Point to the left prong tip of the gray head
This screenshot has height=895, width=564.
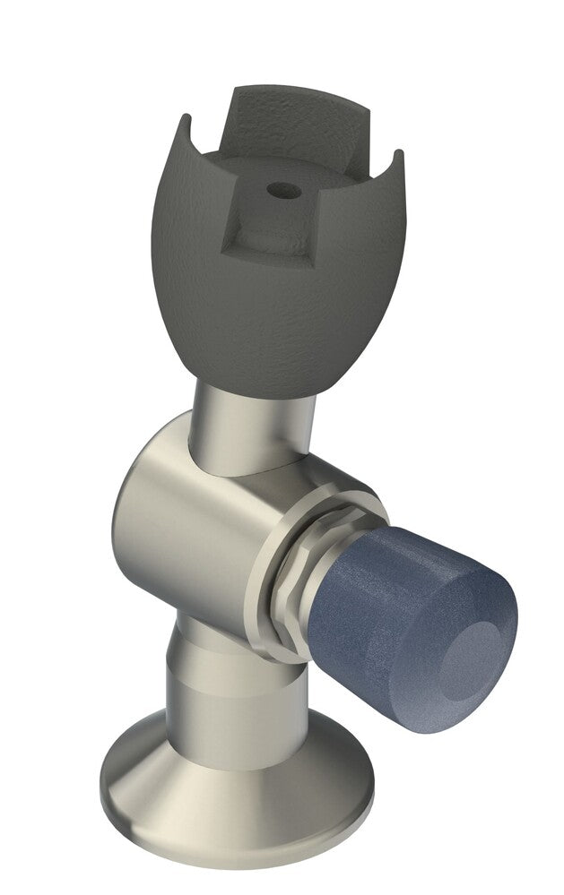(186, 120)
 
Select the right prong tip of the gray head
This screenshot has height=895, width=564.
(396, 156)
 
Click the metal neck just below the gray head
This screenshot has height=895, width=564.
(251, 421)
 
